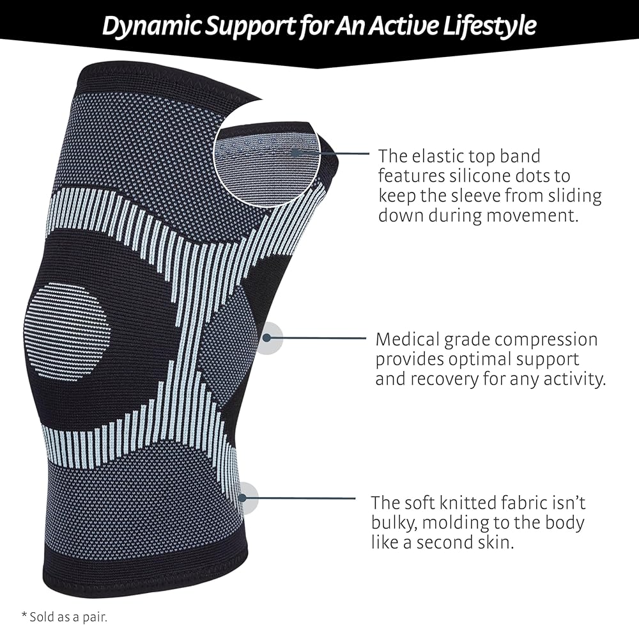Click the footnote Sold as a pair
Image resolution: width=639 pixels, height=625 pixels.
66,616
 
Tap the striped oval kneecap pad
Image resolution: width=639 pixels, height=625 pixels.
67,331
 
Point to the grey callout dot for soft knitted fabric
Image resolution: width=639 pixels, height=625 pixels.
247,498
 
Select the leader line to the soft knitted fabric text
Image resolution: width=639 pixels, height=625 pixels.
300,498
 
